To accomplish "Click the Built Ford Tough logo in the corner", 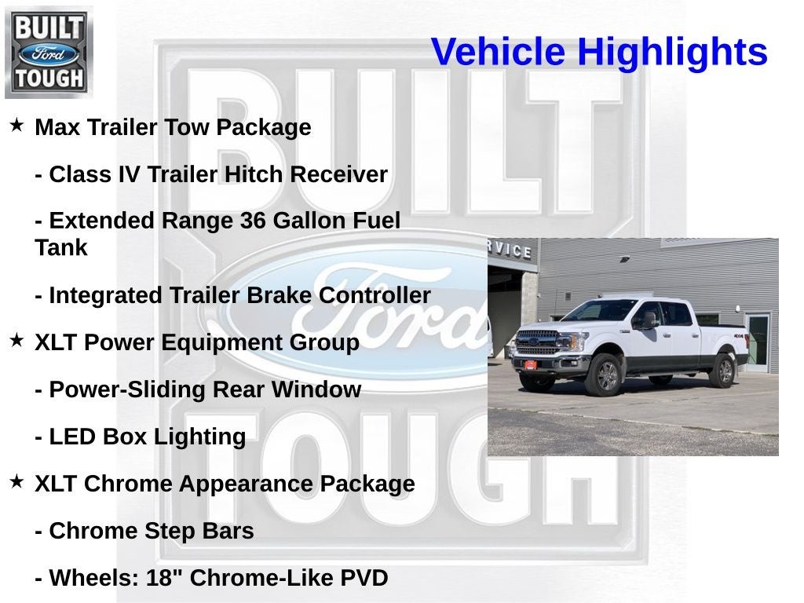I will (49, 53).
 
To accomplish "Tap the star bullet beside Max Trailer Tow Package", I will (16, 125).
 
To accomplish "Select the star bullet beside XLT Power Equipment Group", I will (16, 340).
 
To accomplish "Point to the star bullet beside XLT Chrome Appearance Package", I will (16, 481).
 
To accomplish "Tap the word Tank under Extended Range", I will (61, 248).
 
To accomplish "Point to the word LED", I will (72, 437).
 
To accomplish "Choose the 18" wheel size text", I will (165, 579).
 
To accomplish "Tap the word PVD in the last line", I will (364, 579).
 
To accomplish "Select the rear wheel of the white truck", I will (721, 371).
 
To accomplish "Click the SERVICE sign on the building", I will (510, 250).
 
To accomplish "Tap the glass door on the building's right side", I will (758, 341).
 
